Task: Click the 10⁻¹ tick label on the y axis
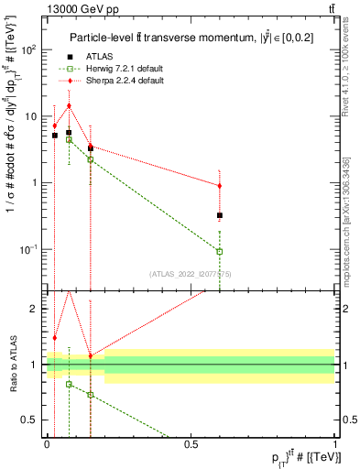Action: click(27, 249)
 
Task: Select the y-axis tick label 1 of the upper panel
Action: click(35, 183)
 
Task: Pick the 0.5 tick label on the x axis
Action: click(191, 443)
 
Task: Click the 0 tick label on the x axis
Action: click(47, 443)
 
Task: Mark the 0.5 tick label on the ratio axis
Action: click(30, 420)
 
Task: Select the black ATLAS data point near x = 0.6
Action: click(220, 215)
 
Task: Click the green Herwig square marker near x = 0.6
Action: click(220, 251)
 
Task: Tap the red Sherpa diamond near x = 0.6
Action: click(220, 186)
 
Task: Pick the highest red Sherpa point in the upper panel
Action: click(69, 105)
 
